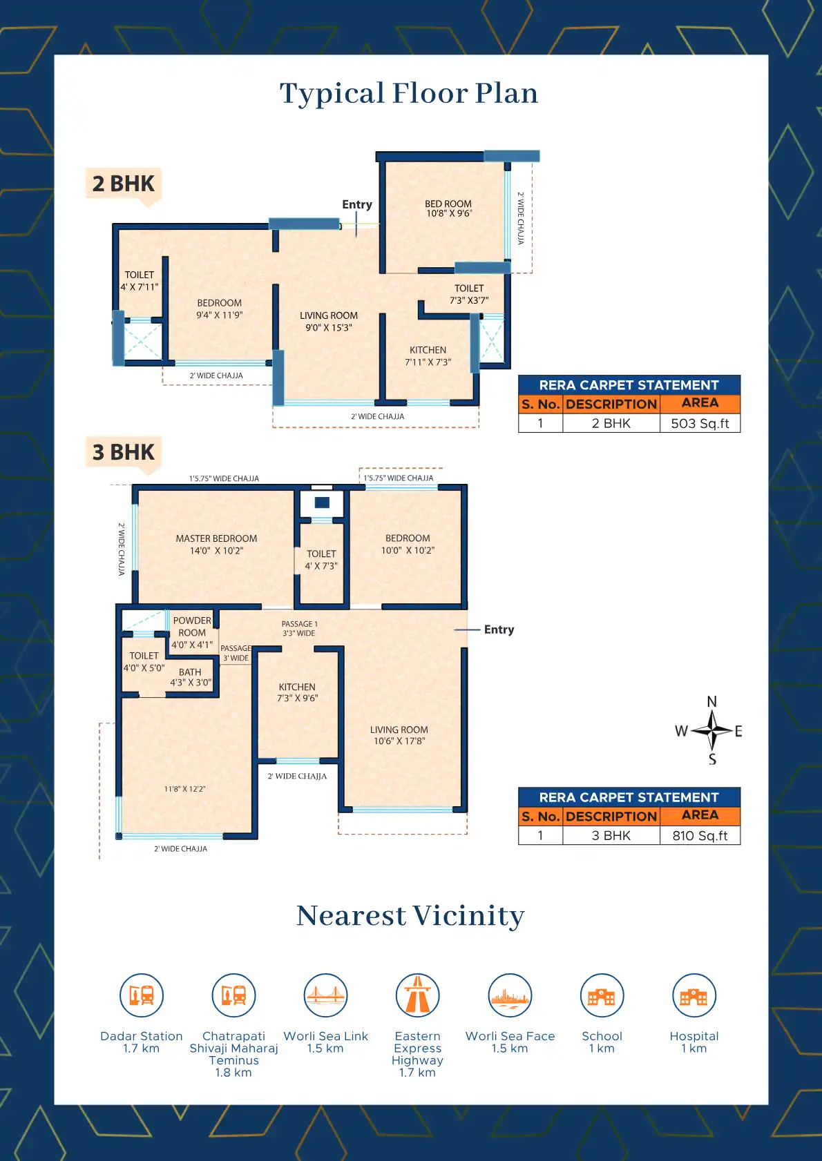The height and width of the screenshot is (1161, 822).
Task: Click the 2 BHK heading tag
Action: click(124, 184)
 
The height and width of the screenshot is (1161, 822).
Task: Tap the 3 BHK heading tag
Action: click(124, 452)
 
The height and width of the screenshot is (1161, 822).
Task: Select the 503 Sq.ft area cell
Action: click(700, 423)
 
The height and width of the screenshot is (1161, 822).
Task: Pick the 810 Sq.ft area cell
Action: click(700, 835)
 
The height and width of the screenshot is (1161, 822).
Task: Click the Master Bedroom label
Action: click(216, 544)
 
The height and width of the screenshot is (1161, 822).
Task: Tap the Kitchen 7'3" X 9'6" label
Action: click(297, 692)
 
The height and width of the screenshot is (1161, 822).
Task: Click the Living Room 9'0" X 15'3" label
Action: click(329, 322)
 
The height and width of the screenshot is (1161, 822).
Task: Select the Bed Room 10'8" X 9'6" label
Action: click(448, 208)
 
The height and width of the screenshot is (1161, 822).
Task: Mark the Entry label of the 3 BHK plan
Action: click(499, 630)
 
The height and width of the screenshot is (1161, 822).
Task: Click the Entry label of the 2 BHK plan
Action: click(357, 204)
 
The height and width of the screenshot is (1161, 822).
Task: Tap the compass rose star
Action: click(712, 730)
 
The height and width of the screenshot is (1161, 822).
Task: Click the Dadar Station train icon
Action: click(141, 995)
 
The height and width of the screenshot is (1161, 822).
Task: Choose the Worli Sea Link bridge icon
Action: click(325, 995)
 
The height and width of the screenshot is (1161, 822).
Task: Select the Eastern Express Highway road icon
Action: click(417, 995)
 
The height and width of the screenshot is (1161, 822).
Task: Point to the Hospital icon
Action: click(694, 995)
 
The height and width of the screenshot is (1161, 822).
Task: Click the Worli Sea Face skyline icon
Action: click(510, 995)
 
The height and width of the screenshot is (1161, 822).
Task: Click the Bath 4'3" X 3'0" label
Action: click(191, 677)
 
